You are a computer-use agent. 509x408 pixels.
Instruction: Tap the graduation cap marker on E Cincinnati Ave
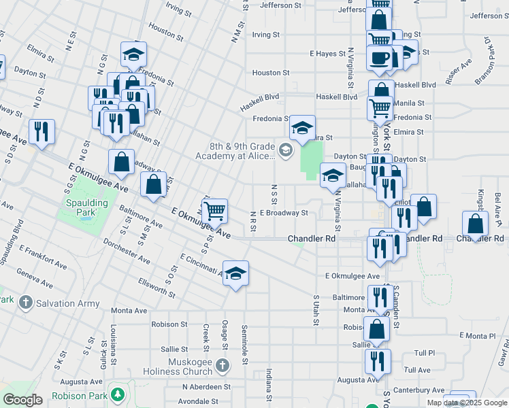point(235,273)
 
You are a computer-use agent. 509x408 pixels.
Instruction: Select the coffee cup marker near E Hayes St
point(380,57)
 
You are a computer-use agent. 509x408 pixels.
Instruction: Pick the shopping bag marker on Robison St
point(376,329)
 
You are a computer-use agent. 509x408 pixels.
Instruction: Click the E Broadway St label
point(284,213)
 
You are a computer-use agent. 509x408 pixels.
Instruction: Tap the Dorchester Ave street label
point(127,251)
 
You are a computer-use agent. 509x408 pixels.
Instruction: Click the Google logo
point(22,400)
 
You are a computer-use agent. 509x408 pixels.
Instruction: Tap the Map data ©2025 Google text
point(466,403)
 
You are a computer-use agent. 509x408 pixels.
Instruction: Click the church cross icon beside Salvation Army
point(25,302)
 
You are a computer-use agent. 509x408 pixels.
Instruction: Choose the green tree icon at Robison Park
point(118,394)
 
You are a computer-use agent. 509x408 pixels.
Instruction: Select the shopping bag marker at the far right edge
point(474,223)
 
